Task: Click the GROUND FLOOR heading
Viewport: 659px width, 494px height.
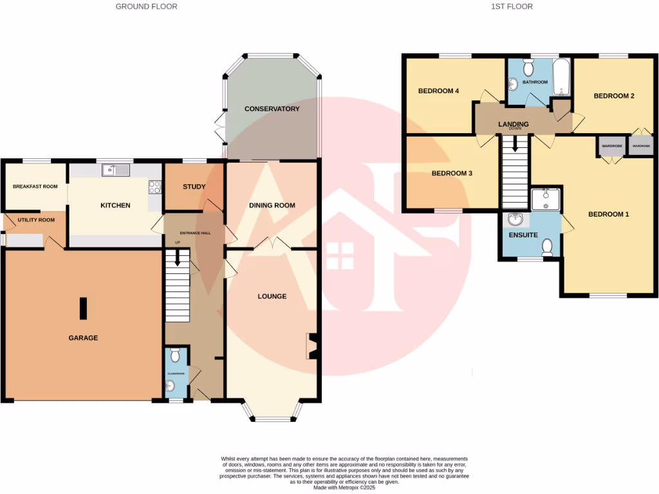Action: point(146,6)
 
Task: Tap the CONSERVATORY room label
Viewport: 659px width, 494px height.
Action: point(272,109)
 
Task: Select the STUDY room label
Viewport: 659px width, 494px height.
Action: point(194,187)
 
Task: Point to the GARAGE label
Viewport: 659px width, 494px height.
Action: point(84,338)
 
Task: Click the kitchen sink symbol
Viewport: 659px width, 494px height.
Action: point(116,170)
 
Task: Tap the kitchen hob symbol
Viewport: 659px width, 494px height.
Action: point(155,187)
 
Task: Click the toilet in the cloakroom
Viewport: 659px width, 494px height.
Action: point(176,355)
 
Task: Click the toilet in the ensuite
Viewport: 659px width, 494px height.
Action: point(548,246)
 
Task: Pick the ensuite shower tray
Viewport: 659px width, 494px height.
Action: point(546,199)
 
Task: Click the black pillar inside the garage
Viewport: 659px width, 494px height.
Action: point(83,308)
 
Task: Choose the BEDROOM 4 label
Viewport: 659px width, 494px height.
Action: point(438,91)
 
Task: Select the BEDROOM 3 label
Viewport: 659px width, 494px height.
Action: point(452,174)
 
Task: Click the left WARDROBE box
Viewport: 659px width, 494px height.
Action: point(609,146)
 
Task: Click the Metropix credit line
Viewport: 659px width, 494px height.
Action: point(344,488)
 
